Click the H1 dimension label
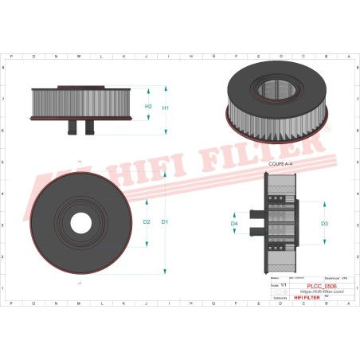tap(166, 108)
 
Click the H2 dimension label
tap(148, 106)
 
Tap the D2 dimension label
tap(147, 221)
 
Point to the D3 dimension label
tap(325, 224)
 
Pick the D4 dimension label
tap(234, 225)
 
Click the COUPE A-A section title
tap(280, 162)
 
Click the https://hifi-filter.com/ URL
tap(320, 292)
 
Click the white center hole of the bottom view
tap(80, 221)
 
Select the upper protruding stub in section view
tap(256, 213)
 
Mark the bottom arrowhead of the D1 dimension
tap(166, 271)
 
